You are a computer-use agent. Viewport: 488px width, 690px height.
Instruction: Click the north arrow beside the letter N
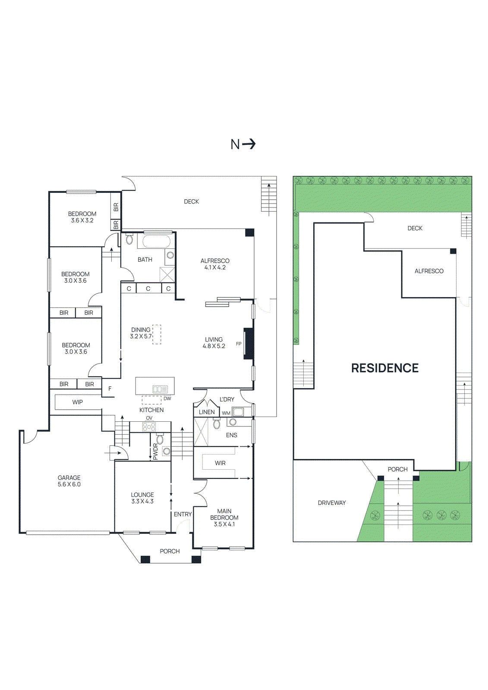(249, 144)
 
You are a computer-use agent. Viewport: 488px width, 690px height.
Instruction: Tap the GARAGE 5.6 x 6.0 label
(69, 481)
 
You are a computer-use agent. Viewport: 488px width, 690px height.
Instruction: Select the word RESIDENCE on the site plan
(385, 368)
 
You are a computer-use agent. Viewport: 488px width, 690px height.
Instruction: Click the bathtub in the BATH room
(156, 241)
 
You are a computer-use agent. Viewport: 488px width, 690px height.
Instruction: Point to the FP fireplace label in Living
(239, 344)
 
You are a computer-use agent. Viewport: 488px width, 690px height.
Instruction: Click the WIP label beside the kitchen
(78, 402)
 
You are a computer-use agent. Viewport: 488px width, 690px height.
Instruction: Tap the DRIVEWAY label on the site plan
(332, 503)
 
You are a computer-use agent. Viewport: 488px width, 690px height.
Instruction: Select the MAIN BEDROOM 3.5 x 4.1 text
(224, 517)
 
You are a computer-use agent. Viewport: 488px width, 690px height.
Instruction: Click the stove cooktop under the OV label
(149, 427)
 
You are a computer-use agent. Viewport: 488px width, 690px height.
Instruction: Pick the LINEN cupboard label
(207, 412)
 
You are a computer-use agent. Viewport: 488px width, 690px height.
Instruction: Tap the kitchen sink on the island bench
(160, 389)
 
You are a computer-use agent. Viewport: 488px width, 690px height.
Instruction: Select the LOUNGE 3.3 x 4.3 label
(142, 498)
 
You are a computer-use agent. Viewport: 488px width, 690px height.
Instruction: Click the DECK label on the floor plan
(192, 201)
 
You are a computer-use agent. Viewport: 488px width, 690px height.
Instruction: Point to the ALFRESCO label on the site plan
(429, 271)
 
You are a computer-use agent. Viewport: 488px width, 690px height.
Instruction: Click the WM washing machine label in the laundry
(226, 413)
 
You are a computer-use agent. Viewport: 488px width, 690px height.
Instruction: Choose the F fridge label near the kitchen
(110, 389)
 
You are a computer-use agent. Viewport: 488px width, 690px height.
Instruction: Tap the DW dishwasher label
(167, 398)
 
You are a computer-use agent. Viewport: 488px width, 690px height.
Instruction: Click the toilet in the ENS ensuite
(217, 424)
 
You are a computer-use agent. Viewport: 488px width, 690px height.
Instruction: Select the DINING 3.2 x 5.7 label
(141, 333)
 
